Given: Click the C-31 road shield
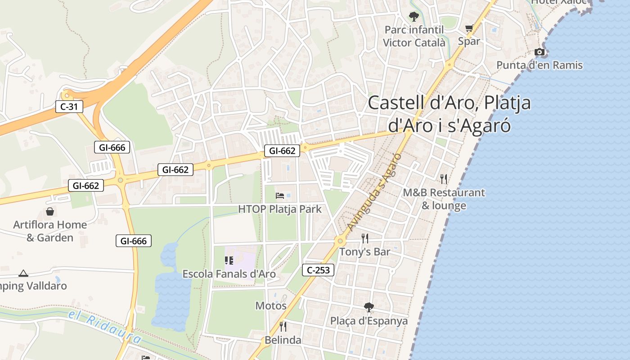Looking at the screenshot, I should [69, 107].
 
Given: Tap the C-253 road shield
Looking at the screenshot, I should [318, 270].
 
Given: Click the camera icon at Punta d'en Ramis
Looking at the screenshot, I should [540, 52].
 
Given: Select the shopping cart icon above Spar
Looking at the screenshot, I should [469, 28].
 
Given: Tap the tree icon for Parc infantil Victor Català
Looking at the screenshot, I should [414, 17].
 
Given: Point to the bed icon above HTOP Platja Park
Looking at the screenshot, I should [280, 195].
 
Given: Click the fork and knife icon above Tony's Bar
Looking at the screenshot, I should [365, 238].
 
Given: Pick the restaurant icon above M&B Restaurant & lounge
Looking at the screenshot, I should [444, 179].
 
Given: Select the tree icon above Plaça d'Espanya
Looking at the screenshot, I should [369, 307].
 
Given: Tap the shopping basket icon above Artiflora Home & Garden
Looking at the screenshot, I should [50, 211].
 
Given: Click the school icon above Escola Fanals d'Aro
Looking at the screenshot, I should [229, 260].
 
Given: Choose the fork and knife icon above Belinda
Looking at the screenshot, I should [283, 326].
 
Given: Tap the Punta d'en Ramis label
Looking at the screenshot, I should [539, 65].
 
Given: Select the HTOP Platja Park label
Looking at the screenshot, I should [280, 209].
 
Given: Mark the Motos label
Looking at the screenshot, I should [271, 306].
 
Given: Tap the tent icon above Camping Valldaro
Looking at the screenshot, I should [23, 273].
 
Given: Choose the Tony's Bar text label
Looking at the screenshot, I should [364, 252].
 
